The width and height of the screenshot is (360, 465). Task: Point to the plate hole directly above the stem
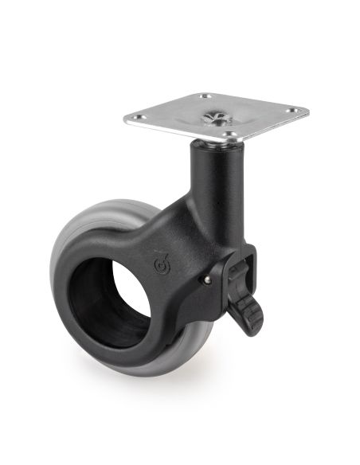(x=228, y=137)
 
